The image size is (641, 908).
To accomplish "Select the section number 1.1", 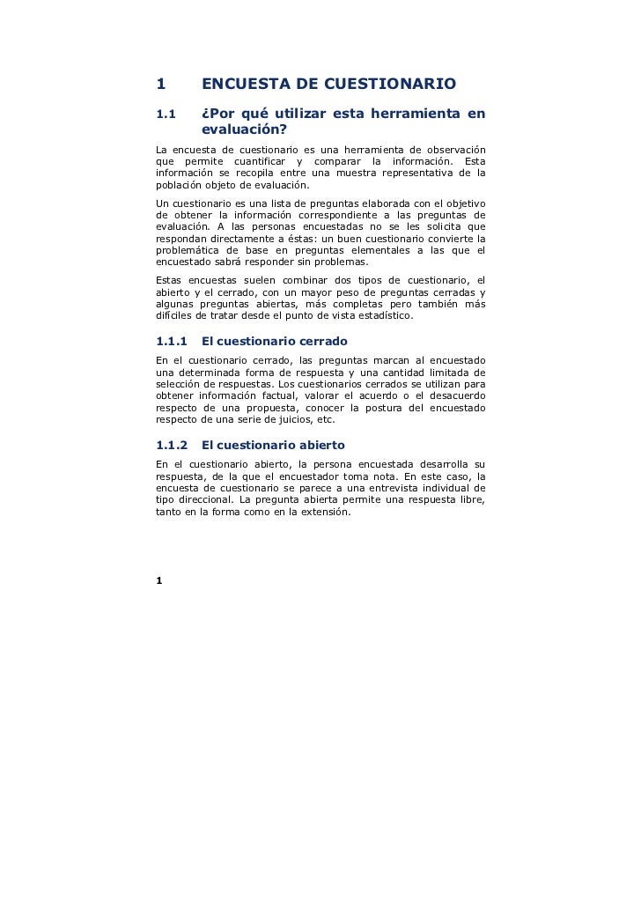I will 166,114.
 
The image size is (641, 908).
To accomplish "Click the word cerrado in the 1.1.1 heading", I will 320,341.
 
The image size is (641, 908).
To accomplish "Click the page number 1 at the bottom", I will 159,579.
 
